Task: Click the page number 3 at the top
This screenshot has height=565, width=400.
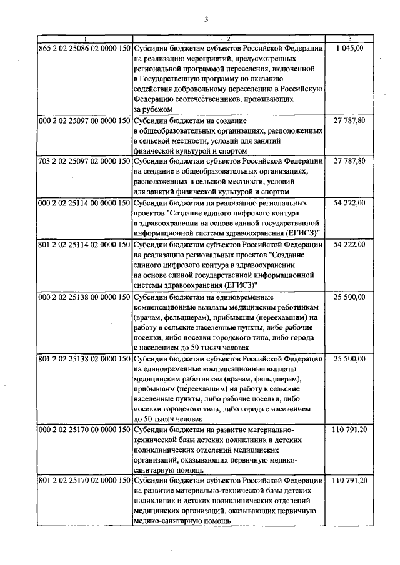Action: (205, 19)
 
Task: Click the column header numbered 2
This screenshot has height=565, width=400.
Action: (229, 39)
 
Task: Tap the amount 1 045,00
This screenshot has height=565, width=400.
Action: (350, 47)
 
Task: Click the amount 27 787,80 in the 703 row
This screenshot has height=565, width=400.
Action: (350, 160)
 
